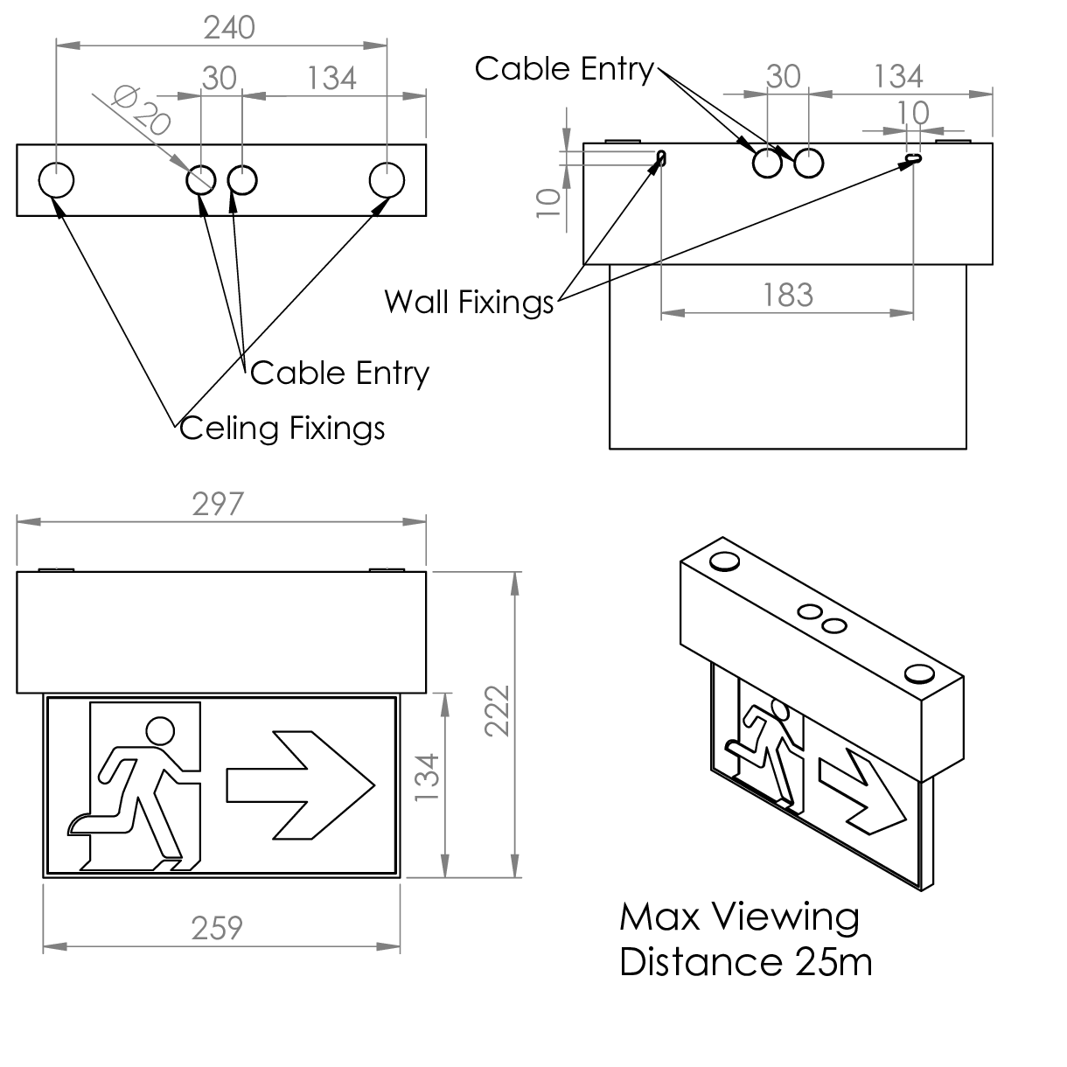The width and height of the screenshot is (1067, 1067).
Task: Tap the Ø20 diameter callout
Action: [x=140, y=110]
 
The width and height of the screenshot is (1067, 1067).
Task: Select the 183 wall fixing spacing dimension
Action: [x=788, y=295]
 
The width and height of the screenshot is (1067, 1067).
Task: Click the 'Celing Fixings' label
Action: [x=282, y=428]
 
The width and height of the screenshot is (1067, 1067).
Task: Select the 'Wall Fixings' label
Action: [x=469, y=302]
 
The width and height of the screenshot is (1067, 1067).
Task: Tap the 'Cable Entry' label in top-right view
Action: [x=564, y=68]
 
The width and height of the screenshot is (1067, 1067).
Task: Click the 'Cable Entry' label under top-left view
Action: [x=339, y=373]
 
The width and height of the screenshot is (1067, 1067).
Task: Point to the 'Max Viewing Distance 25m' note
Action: [x=745, y=939]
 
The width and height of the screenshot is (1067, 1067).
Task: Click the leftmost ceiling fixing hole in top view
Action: [x=56, y=181]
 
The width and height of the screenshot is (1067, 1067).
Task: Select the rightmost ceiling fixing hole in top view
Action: [x=387, y=180]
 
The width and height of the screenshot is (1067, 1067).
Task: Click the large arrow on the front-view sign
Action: [x=300, y=784]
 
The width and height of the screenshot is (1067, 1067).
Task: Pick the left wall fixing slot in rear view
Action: [x=661, y=159]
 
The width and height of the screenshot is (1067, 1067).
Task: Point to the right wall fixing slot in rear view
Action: [x=914, y=159]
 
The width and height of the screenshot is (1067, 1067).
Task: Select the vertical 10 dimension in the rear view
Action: [x=547, y=201]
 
